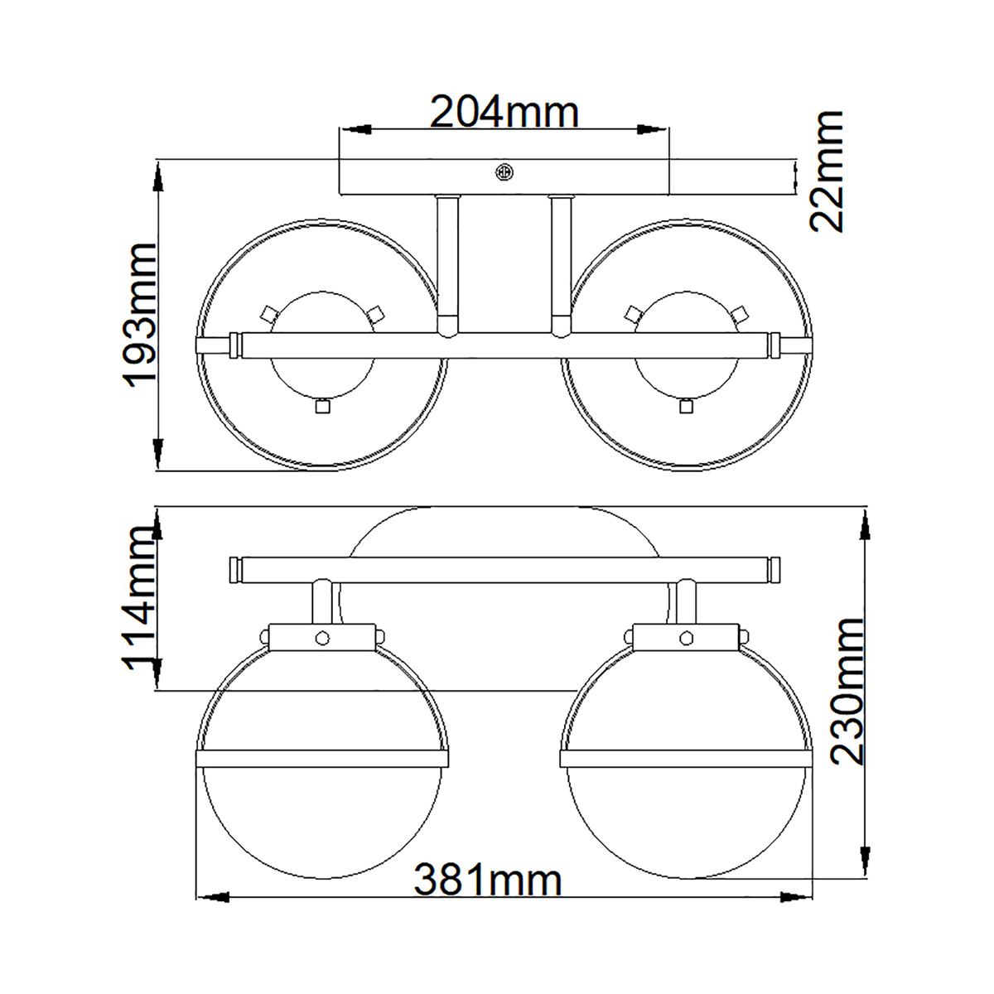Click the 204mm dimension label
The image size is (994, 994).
(504, 113)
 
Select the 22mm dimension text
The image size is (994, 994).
(826, 171)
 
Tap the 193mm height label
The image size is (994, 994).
(138, 316)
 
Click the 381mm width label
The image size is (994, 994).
(488, 880)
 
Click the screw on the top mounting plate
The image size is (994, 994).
(504, 172)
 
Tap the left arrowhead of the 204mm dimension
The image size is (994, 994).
(355, 129)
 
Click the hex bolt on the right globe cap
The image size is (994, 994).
(686, 638)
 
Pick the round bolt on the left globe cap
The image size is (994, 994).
(322, 639)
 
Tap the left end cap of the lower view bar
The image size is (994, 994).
(235, 570)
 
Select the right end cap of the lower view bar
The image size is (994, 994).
(774, 570)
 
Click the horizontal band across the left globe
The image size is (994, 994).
(322, 758)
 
